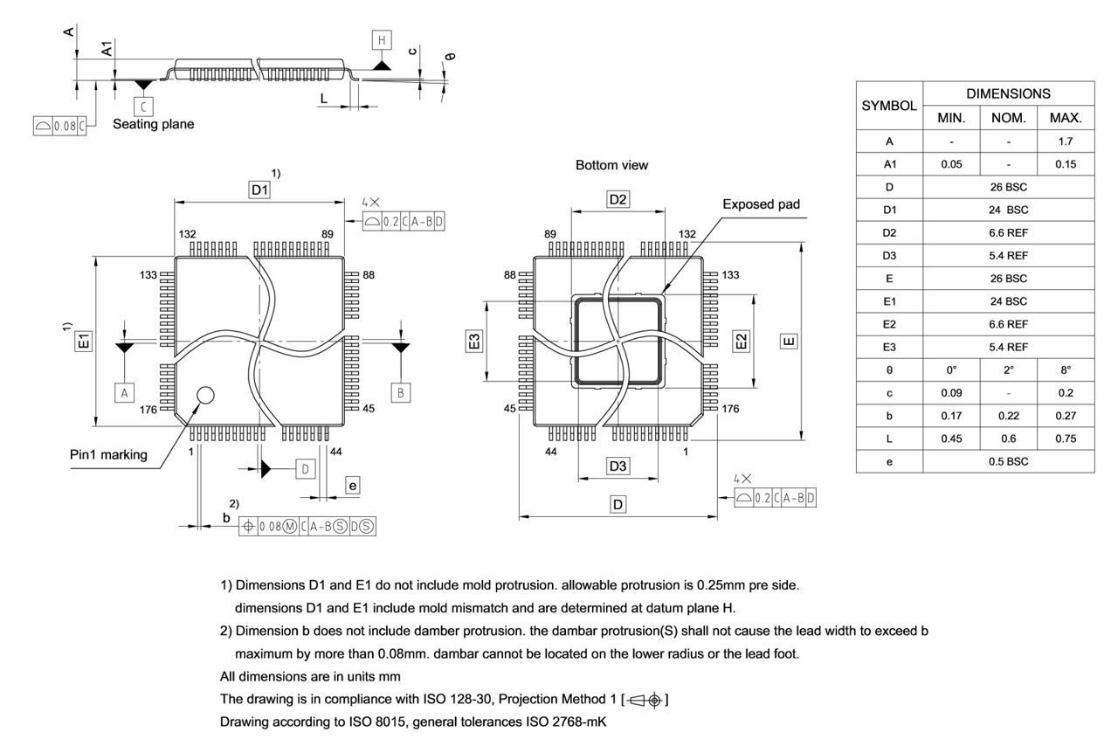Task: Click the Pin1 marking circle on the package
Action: (205, 396)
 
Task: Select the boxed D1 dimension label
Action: (259, 190)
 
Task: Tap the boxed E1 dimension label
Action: (84, 341)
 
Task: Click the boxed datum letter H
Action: (381, 39)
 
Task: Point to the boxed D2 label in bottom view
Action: (618, 200)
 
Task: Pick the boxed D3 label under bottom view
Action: (618, 466)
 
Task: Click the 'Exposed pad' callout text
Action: (761, 204)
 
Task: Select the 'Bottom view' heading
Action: (611, 165)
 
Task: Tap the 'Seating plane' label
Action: (154, 124)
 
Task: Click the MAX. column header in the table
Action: (1065, 118)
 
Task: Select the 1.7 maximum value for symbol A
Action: (1065, 141)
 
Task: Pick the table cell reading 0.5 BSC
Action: (1008, 461)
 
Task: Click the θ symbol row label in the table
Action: (888, 370)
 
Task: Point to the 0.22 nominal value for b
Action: (1008, 416)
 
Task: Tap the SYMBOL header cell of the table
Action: (889, 105)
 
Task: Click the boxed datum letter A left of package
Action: (125, 393)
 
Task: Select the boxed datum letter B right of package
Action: (400, 393)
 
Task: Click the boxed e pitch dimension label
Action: (353, 485)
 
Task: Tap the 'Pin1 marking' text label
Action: (108, 455)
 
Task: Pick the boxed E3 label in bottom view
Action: (473, 341)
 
